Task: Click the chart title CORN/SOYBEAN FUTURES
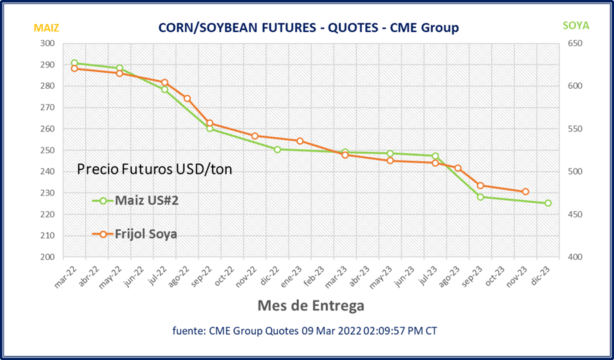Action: (x=307, y=27)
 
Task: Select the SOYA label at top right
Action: (x=576, y=26)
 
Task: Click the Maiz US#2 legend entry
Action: (x=146, y=200)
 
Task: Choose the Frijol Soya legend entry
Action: (x=145, y=234)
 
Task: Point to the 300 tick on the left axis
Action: (x=47, y=43)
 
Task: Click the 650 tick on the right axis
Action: (x=575, y=43)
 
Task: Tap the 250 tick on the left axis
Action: (x=47, y=150)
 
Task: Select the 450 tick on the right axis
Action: (x=575, y=215)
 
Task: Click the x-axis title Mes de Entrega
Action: (x=311, y=306)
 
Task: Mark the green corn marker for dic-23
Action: (x=548, y=203)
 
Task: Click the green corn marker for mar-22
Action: (x=74, y=63)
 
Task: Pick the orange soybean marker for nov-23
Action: (x=525, y=192)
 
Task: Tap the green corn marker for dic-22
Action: (x=277, y=149)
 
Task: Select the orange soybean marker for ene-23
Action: (x=300, y=141)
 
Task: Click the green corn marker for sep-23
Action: (x=480, y=197)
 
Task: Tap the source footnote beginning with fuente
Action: (x=305, y=330)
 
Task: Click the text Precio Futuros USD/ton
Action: (x=155, y=169)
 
